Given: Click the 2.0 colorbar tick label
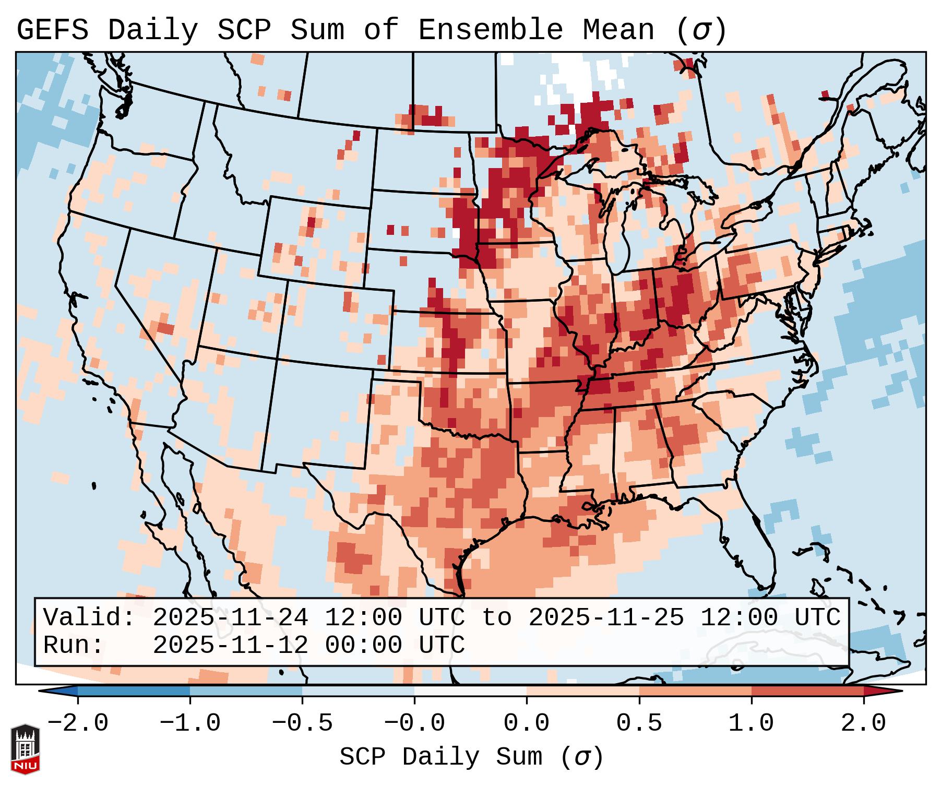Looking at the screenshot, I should click(x=863, y=723).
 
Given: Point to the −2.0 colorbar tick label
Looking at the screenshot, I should click(x=78, y=723).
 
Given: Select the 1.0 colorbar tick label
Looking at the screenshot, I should click(x=751, y=723).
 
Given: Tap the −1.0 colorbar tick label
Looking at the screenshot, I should click(x=189, y=723).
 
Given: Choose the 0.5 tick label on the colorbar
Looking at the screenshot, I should click(x=639, y=723).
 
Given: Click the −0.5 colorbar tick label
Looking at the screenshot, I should click(x=302, y=723).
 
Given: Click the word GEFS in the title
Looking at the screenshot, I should click(x=52, y=30).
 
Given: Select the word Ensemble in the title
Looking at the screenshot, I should click(x=491, y=30).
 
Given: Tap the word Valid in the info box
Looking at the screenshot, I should click(x=86, y=618).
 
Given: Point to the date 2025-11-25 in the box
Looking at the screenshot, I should click(x=606, y=618).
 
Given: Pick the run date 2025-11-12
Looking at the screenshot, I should click(x=230, y=645).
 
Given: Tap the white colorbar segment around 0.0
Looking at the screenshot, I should click(x=470, y=691).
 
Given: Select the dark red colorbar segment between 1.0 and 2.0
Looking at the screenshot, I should click(x=807, y=691).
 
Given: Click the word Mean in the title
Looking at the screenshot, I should click(x=618, y=30).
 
